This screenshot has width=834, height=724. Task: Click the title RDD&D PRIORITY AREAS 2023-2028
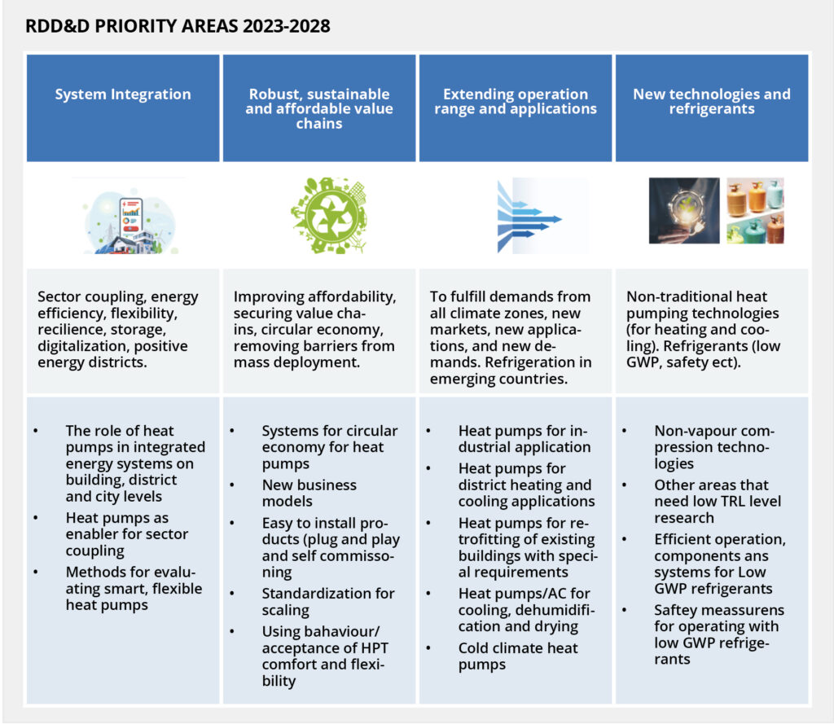[x=178, y=26]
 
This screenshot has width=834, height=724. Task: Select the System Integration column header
[x=123, y=94]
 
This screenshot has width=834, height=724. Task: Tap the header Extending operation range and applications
[x=515, y=102]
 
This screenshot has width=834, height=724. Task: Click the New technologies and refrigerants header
[x=711, y=102]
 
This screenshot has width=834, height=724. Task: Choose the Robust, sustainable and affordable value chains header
[x=319, y=109]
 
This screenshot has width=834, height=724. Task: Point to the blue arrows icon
[x=529, y=217]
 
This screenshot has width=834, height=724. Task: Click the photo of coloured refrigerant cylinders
[x=755, y=210]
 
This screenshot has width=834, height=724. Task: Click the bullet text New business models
[x=309, y=493]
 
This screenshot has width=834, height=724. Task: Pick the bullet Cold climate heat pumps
[x=518, y=656]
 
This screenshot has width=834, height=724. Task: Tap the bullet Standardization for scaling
[x=327, y=602]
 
